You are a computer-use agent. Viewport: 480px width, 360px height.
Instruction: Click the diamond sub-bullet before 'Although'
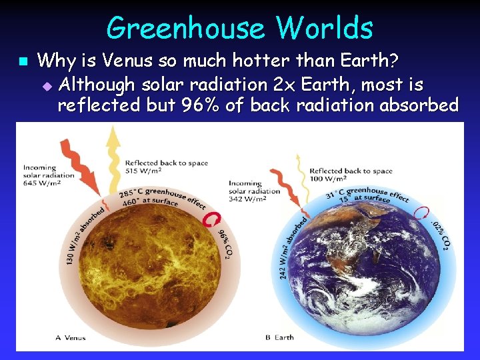point(46,85)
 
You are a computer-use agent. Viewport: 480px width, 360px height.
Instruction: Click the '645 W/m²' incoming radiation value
point(39,183)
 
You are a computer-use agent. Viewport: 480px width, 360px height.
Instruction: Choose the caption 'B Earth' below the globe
point(279,338)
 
